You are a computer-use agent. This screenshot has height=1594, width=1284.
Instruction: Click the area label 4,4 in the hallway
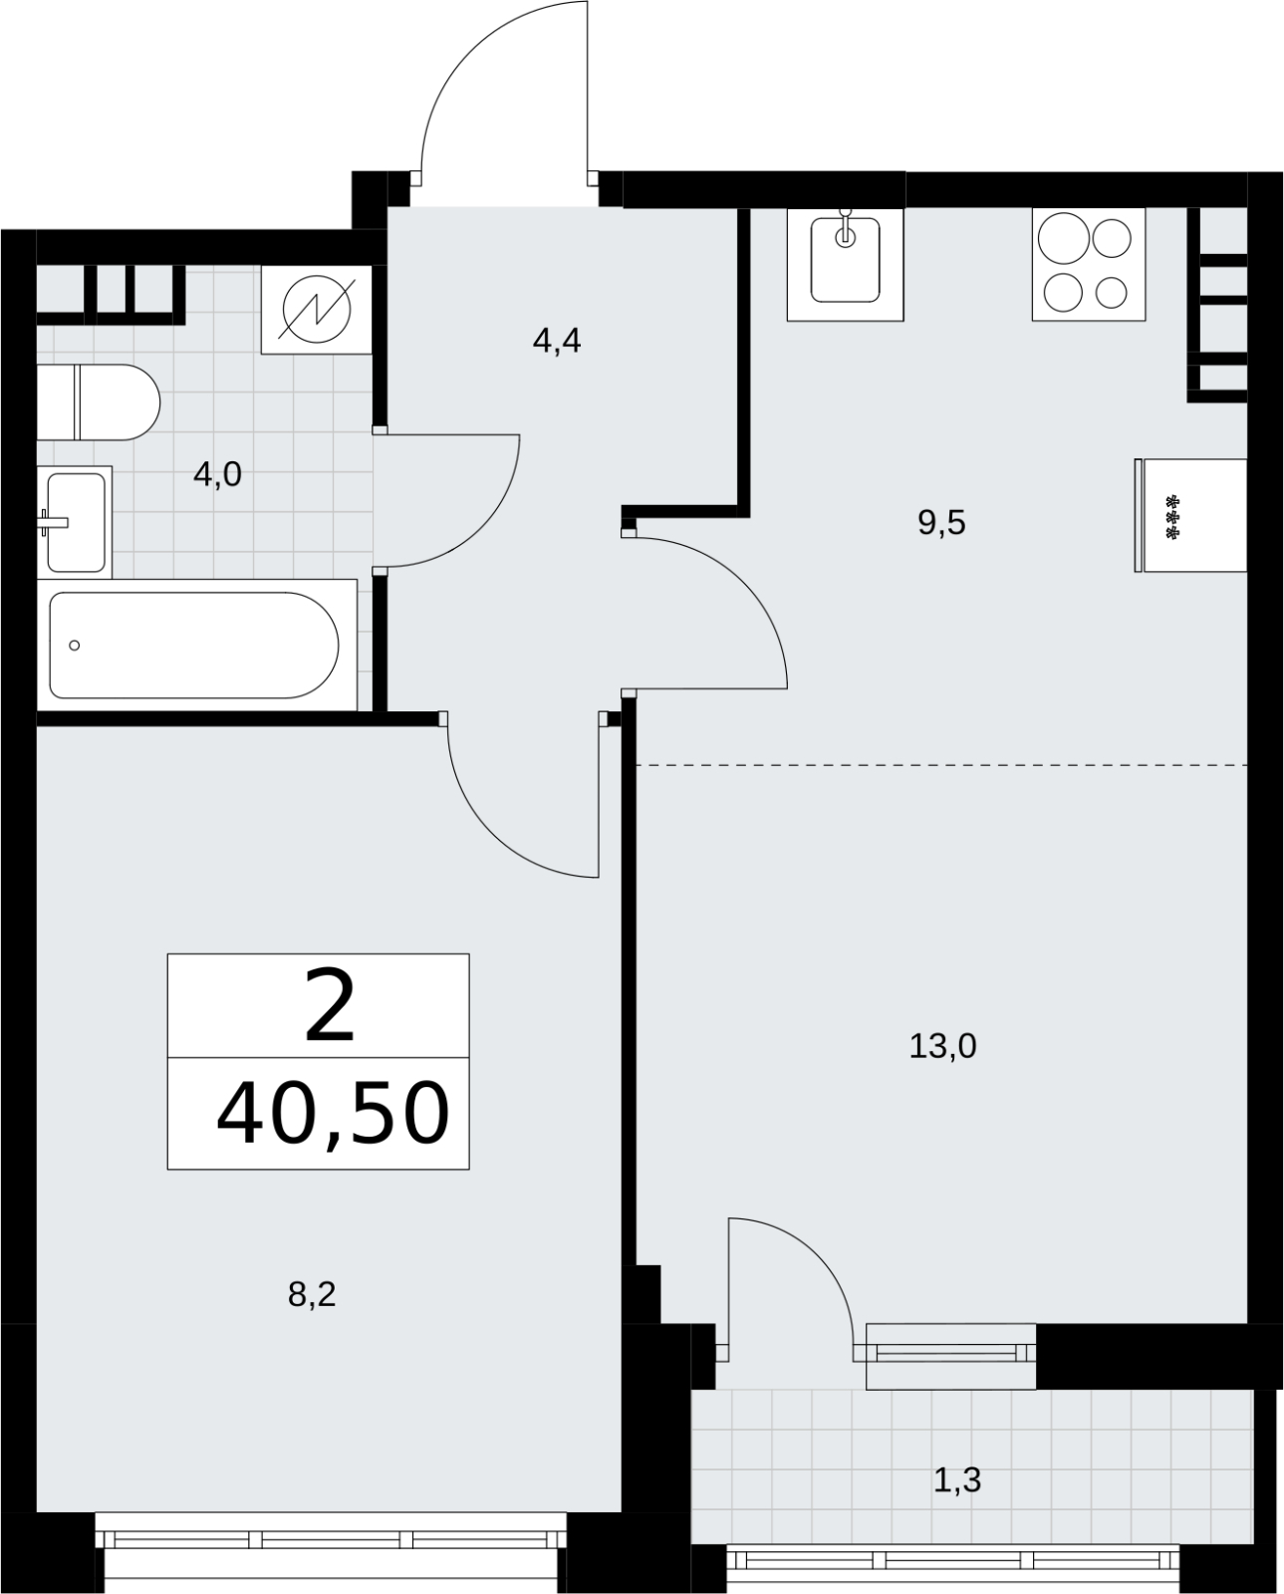pos(557,342)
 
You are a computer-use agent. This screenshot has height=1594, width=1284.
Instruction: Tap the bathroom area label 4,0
pos(217,474)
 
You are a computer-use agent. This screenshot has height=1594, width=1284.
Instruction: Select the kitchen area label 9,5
pos(941,524)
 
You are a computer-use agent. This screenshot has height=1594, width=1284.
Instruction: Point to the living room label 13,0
pos(942,1047)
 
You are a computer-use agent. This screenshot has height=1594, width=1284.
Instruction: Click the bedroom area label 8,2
pos(312,1295)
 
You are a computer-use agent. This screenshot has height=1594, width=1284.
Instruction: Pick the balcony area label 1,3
pos(957,1480)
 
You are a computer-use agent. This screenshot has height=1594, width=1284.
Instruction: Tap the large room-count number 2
pos(330,1010)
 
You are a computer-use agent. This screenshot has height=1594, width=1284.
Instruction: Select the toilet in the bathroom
pos(98,402)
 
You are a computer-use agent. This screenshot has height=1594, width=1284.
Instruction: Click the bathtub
pos(194,646)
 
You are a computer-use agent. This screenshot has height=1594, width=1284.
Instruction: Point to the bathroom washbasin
pos(76,522)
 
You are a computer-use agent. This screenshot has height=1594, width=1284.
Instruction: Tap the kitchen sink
pos(846,264)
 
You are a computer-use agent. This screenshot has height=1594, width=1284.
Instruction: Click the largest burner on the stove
pos(1063,238)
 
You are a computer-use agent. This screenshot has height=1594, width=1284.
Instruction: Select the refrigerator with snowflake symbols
pos(1190,515)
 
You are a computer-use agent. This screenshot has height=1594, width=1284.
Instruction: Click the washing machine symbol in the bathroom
pos(317,310)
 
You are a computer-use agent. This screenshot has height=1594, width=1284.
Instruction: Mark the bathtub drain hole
pos(74,646)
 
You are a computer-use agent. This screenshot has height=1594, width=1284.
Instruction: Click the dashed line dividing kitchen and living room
pos(942,764)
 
